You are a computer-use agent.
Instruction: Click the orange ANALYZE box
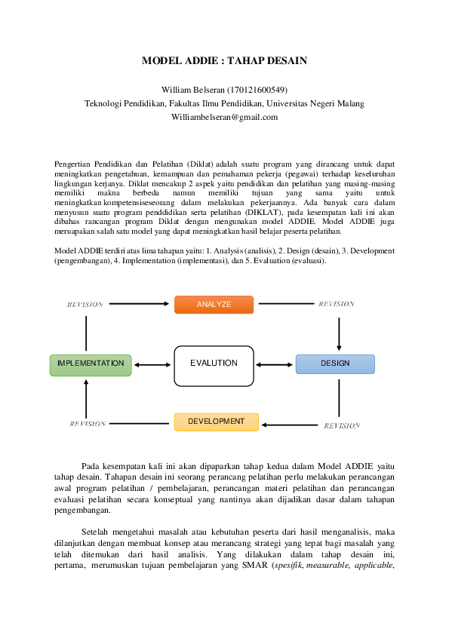tap(214, 305)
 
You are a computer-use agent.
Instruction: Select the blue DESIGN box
tap(335, 364)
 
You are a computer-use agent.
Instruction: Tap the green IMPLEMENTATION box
tap(91, 365)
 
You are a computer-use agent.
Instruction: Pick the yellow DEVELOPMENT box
tap(217, 422)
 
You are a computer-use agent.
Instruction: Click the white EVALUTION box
tap(214, 366)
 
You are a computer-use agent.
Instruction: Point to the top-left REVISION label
tap(85, 305)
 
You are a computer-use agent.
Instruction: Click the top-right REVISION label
tap(337, 304)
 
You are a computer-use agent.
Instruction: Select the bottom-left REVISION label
tap(88, 424)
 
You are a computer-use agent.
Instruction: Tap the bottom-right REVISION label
tap(342, 425)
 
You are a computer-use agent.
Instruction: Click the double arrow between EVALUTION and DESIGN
tap(275, 365)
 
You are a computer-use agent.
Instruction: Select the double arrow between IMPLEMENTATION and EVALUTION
tap(152, 365)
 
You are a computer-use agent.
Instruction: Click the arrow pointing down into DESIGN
tap(339, 334)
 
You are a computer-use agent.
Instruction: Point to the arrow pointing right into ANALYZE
tap(139, 304)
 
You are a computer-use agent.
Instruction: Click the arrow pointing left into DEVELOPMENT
tap(290, 425)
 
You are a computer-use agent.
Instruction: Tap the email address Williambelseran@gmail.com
tap(225, 118)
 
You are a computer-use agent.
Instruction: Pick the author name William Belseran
tap(193, 90)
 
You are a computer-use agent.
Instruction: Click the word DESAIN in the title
tap(287, 61)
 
